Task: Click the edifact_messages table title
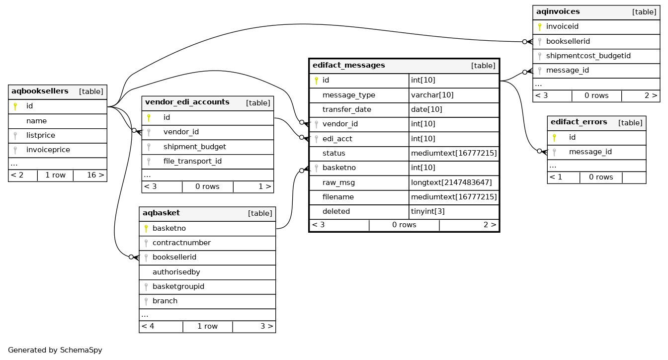click(348, 65)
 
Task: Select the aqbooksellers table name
click(40, 91)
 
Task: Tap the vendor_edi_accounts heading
click(187, 102)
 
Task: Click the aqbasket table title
click(161, 213)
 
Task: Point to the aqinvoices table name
click(558, 11)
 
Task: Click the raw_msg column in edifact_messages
click(338, 182)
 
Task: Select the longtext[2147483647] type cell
click(451, 182)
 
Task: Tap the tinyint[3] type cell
click(427, 211)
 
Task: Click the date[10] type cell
click(426, 109)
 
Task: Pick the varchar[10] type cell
click(432, 95)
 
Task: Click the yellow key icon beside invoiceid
click(539, 27)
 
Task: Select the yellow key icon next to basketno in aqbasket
click(146, 229)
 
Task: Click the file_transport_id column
click(192, 161)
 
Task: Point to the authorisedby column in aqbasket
click(176, 272)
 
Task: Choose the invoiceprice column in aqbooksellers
click(48, 150)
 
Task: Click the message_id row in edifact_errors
click(590, 152)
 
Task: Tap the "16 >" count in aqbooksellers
click(95, 175)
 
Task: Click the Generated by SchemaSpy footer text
click(55, 350)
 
